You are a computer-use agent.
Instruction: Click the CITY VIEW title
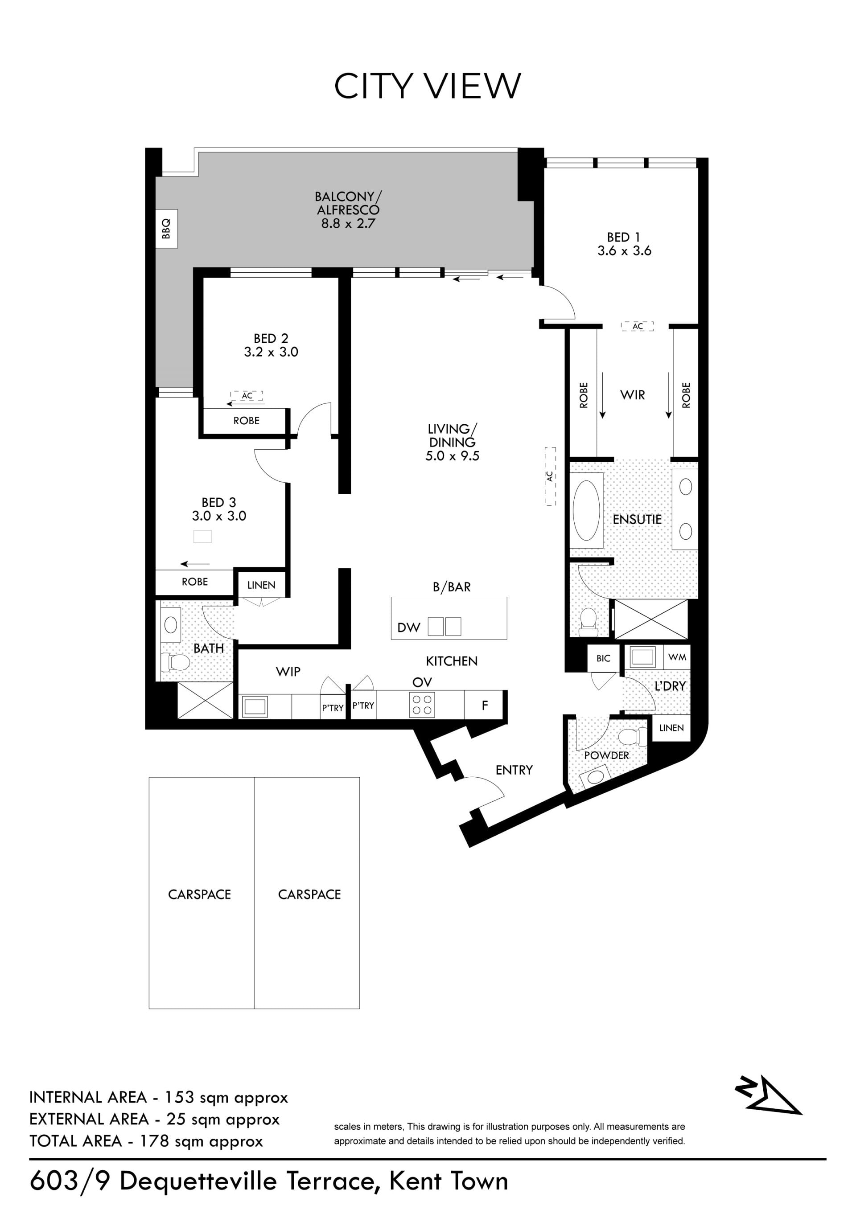tap(428, 86)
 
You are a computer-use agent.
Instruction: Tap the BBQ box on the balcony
tap(167, 229)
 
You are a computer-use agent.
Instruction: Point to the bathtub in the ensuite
tap(586, 511)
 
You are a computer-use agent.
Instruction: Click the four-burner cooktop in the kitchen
tap(422, 705)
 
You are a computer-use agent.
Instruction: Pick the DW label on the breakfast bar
tap(408, 628)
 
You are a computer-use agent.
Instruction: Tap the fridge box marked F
tap(485, 705)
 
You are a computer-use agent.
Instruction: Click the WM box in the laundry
tap(677, 657)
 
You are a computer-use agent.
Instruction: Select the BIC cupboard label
tap(604, 658)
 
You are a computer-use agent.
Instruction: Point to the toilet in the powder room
tap(631, 736)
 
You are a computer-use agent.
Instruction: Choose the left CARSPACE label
tap(199, 894)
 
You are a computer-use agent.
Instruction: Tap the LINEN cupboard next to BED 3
tap(261, 585)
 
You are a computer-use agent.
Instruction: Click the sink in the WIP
tap(255, 706)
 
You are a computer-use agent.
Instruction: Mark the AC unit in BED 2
tap(247, 396)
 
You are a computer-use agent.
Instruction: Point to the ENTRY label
tap(514, 770)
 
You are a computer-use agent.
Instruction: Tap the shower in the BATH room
tap(205, 701)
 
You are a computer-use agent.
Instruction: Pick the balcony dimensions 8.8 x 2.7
tap(348, 223)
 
